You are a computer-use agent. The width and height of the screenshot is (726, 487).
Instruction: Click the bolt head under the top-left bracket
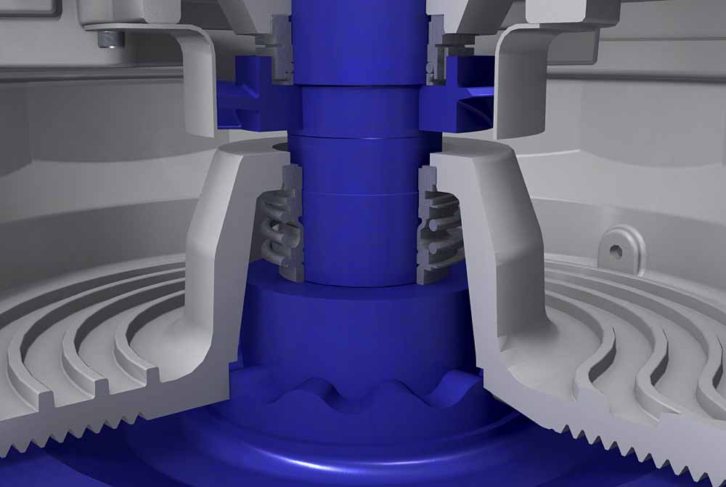[111, 39]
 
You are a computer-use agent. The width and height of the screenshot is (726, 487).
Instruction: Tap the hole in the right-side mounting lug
[616, 251]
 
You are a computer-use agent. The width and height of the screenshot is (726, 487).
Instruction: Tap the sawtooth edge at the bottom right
[624, 436]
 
